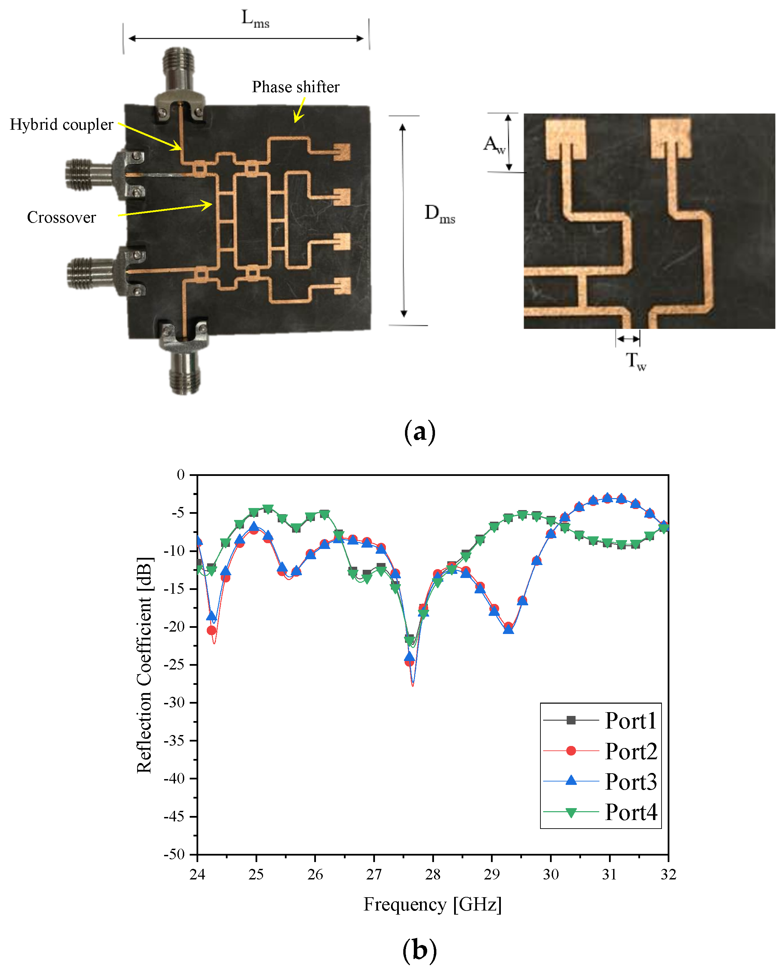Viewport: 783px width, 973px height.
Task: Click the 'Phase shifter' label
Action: pos(295,87)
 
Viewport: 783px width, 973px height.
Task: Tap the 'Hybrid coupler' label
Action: pos(61,125)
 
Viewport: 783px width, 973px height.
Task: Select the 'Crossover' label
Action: pos(61,217)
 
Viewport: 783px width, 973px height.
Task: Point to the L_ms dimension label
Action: pos(255,19)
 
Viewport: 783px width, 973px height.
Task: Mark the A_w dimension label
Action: pos(494,144)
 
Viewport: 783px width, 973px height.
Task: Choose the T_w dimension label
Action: pos(636,361)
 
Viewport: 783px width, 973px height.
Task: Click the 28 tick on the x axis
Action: pos(433,874)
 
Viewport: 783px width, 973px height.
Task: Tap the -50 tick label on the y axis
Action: pos(174,854)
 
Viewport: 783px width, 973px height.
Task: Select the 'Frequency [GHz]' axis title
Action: pos(433,904)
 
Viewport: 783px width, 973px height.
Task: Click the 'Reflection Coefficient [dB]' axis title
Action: pos(144,665)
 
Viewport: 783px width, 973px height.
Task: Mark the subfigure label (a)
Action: pos(419,432)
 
